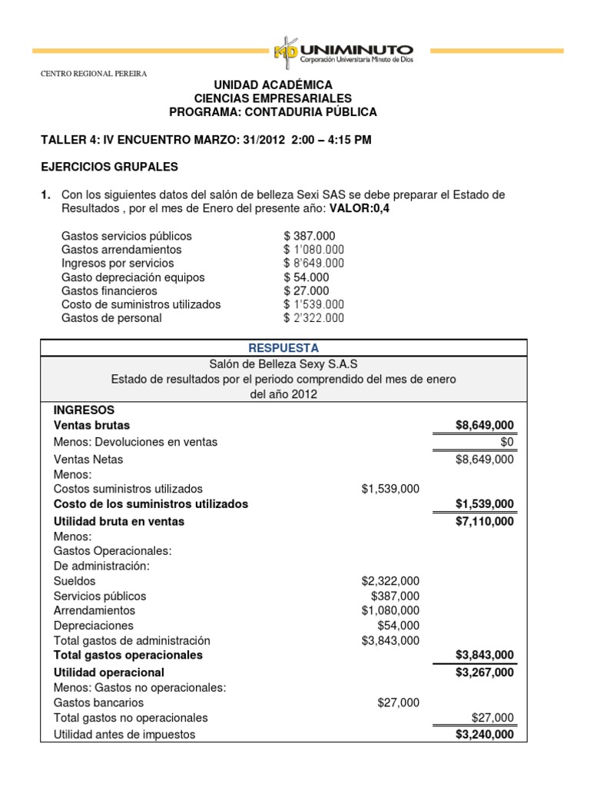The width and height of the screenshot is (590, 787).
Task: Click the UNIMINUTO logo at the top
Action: click(343, 51)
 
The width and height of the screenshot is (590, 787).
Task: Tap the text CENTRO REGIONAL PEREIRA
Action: click(93, 74)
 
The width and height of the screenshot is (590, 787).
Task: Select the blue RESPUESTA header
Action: click(283, 348)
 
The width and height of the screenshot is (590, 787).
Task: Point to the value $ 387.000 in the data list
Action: click(310, 236)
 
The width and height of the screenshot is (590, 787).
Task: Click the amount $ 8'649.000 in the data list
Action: click(314, 264)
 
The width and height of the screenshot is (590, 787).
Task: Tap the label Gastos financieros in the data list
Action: click(109, 291)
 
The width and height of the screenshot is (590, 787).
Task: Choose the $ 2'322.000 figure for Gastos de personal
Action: click(314, 318)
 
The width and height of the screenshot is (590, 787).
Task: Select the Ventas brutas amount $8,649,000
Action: click(485, 426)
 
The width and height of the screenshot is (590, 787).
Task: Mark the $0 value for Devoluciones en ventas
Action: click(507, 442)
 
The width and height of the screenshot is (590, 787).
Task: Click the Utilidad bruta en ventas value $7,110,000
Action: click(485, 521)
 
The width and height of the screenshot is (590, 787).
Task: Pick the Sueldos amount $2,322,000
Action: click(390, 581)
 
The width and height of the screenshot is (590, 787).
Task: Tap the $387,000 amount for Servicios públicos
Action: click(396, 596)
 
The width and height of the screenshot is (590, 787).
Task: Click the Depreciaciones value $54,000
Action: click(399, 626)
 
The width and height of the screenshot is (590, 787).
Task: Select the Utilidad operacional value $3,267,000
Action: click(485, 672)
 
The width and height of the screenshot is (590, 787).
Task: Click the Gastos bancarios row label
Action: click(98, 702)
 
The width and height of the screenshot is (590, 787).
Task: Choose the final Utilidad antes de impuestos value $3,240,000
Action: click(485, 734)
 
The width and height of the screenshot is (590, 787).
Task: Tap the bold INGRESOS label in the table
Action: click(84, 410)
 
